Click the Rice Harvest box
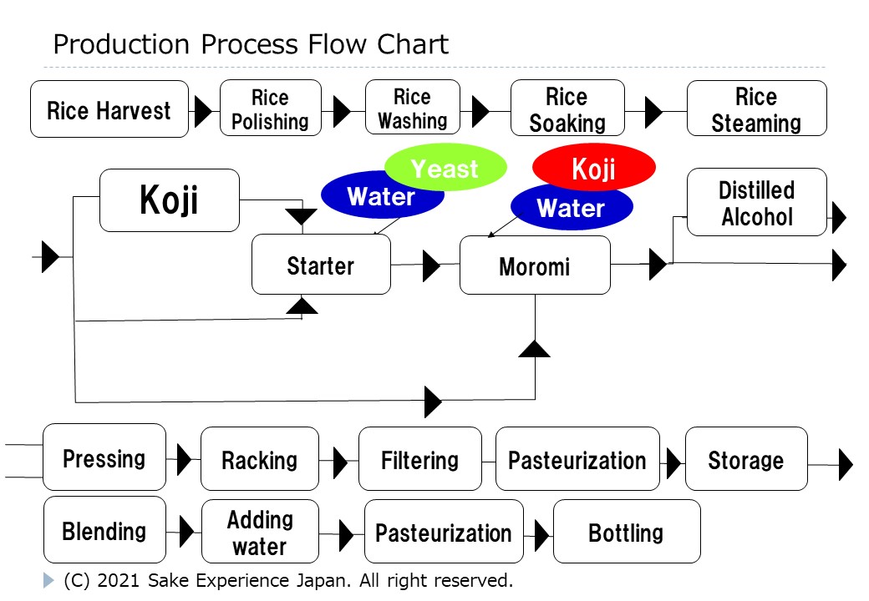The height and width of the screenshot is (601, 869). click(x=109, y=109)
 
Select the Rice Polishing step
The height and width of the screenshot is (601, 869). click(x=270, y=109)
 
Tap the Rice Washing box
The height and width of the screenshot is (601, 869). click(x=412, y=109)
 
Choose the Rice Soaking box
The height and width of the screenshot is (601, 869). click(x=567, y=109)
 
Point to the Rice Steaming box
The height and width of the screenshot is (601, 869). click(x=756, y=109)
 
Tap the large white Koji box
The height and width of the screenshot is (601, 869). click(x=169, y=200)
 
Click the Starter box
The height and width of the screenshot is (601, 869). click(x=321, y=265)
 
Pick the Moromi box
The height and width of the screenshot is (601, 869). click(x=535, y=265)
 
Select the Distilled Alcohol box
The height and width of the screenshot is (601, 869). click(x=756, y=203)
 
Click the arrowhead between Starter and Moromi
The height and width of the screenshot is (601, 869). click(x=431, y=266)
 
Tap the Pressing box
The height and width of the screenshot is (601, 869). click(x=104, y=458)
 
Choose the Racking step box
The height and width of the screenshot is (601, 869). click(x=259, y=459)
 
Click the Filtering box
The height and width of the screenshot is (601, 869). click(x=419, y=459)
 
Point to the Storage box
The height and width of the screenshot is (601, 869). click(x=745, y=459)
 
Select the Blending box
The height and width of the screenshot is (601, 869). click(x=104, y=531)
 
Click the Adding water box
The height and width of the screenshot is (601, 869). click(x=260, y=532)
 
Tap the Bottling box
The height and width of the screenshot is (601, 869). click(x=626, y=532)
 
